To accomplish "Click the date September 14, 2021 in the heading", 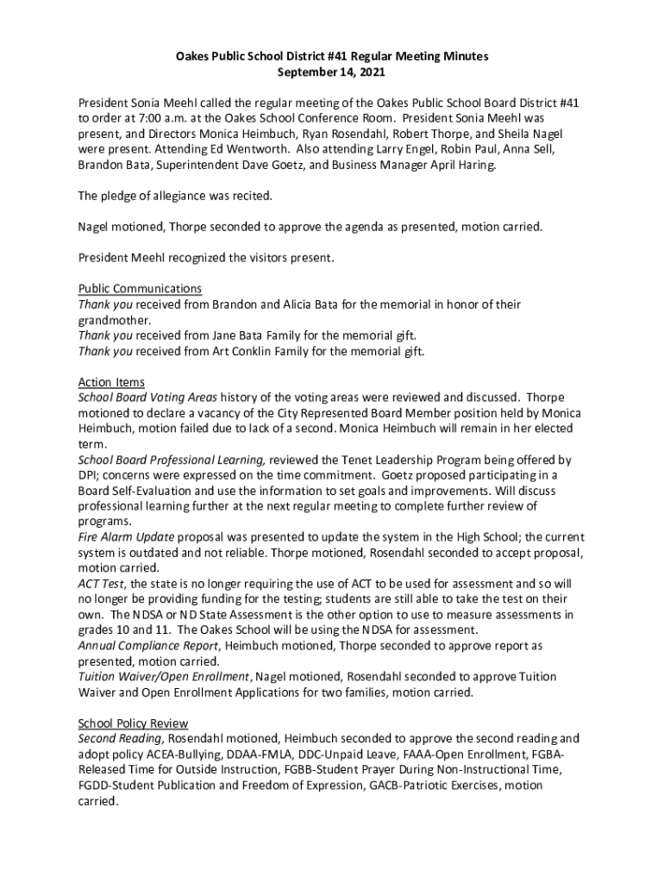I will click(332, 72).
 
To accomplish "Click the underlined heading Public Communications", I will click(140, 289).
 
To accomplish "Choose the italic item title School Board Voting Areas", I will click(147, 398).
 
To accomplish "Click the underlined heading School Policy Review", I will click(133, 723).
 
